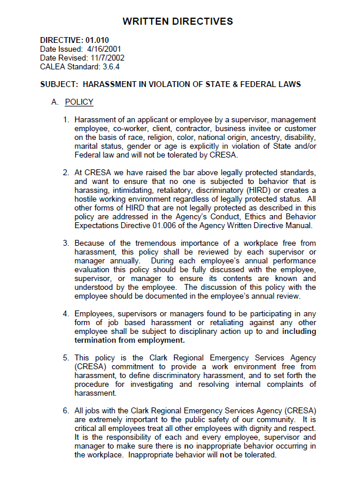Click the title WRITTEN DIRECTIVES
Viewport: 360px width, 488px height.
click(x=178, y=22)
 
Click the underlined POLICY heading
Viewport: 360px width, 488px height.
click(x=79, y=102)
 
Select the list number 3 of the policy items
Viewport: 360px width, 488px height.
click(x=66, y=243)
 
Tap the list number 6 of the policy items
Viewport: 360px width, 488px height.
click(x=66, y=410)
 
